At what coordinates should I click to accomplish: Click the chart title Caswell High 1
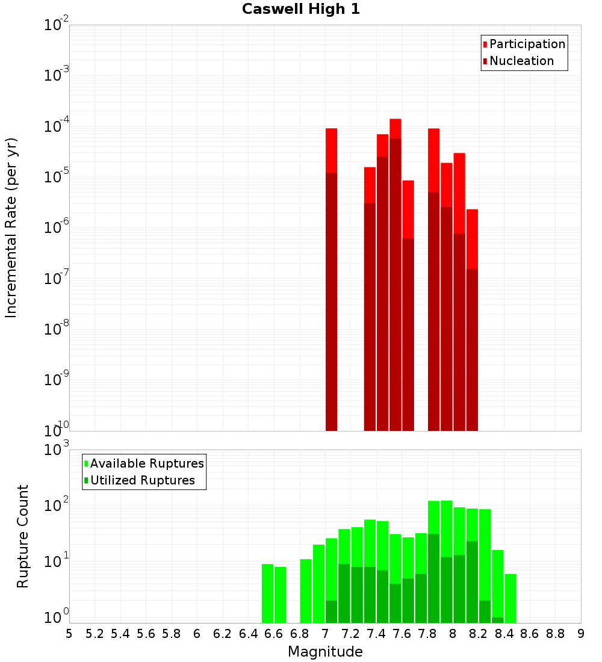click(x=301, y=9)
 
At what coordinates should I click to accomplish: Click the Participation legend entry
click(x=527, y=44)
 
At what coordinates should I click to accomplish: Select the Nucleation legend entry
click(x=521, y=61)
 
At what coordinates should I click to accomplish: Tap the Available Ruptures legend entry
click(x=146, y=463)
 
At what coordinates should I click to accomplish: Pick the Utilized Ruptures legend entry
click(x=142, y=480)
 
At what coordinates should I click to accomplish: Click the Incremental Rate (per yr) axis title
click(x=11, y=227)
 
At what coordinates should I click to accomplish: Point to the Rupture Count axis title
click(x=23, y=536)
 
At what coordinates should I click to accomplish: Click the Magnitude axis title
click(x=325, y=652)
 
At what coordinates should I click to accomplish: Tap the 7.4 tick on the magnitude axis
click(x=376, y=633)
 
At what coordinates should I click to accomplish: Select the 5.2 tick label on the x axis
click(x=95, y=633)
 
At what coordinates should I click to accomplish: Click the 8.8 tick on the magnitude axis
click(x=555, y=633)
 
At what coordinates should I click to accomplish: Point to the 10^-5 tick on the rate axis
click(x=57, y=176)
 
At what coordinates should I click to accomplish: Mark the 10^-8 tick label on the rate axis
click(x=57, y=329)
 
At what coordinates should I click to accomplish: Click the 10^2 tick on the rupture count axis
click(x=57, y=504)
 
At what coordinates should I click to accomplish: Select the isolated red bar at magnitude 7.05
click(x=331, y=150)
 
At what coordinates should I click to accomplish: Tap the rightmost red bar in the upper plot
click(x=472, y=238)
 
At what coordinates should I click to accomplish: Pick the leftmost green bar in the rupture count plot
click(x=267, y=593)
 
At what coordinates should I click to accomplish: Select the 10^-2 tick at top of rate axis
click(x=57, y=25)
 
